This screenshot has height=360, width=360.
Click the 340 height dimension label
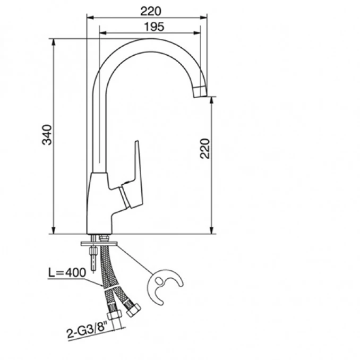[47, 135]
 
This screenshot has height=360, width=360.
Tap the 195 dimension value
[154, 27]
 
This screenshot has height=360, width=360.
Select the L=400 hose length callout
[67, 272]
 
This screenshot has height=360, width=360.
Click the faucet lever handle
[133, 179]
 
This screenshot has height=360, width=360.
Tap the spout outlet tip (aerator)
[200, 92]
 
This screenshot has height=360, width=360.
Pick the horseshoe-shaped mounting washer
[164, 286]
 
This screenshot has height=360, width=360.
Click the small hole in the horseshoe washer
[159, 280]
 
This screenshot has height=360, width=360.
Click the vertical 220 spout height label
[205, 149]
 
